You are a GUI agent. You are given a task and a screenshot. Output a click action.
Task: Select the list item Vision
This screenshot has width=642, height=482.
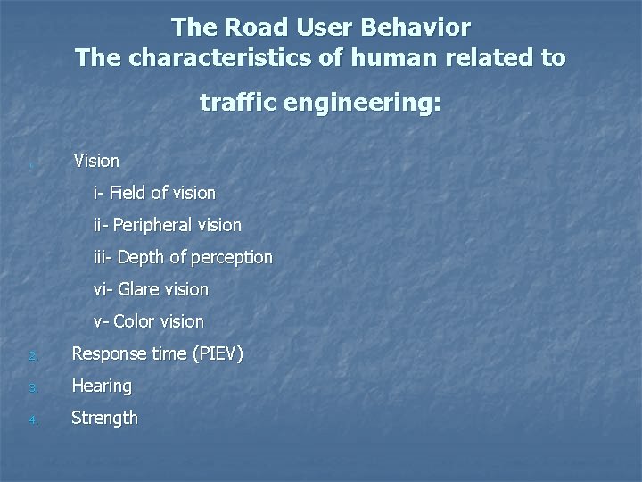[x=96, y=161]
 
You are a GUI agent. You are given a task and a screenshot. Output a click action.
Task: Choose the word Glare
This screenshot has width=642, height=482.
[x=138, y=289]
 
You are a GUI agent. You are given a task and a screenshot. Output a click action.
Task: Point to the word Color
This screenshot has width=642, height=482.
[x=134, y=321]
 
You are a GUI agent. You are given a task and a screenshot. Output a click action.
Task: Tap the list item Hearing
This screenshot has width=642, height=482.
[x=102, y=386]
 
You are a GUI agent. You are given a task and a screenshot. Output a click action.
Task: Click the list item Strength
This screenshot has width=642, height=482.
[x=104, y=418]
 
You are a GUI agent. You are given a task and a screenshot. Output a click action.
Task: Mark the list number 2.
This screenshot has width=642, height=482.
[x=31, y=356]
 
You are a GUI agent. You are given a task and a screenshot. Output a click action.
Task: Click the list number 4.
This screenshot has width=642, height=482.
[x=31, y=420]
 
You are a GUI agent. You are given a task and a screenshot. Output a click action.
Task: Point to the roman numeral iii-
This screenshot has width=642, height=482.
[x=103, y=257]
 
